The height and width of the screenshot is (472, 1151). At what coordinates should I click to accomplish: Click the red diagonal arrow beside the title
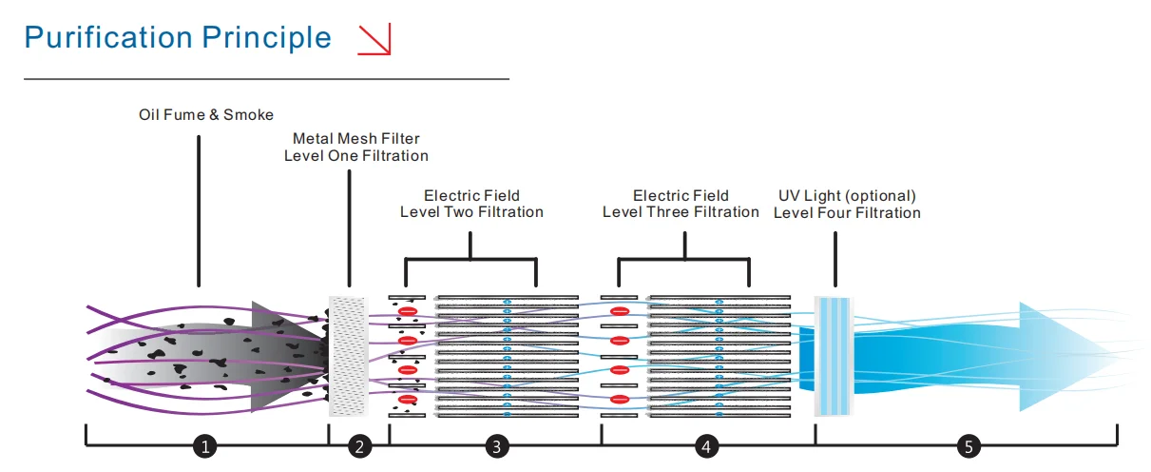pos(374,38)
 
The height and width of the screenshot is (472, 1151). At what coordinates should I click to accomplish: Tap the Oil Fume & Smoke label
pos(205,115)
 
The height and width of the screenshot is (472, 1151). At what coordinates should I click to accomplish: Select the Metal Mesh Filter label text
pos(355,139)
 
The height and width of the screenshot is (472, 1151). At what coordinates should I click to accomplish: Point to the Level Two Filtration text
pos(471,212)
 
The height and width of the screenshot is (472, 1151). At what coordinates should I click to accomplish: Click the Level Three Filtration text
pos(681,212)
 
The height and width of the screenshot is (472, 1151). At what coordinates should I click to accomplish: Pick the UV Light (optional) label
pos(847,196)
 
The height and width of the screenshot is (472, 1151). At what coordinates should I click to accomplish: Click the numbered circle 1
pos(206,445)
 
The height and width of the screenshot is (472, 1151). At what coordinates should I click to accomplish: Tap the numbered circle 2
pos(359,445)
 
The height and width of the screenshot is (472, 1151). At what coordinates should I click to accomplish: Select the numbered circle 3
pos(495,445)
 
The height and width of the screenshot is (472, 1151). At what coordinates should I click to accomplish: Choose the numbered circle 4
pos(705,445)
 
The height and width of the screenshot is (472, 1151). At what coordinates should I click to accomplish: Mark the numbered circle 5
pos(968,445)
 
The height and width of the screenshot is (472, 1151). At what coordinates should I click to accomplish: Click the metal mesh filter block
pos(347,356)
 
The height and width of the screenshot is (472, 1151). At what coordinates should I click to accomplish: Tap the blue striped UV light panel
pos(836,356)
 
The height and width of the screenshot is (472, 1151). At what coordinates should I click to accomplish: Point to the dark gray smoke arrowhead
pos(280,356)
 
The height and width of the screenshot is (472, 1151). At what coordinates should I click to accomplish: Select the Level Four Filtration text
pos(847,213)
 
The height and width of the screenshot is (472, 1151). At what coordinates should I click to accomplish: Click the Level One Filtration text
pos(355,156)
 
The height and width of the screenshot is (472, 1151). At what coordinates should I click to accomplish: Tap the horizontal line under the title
pos(266,78)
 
